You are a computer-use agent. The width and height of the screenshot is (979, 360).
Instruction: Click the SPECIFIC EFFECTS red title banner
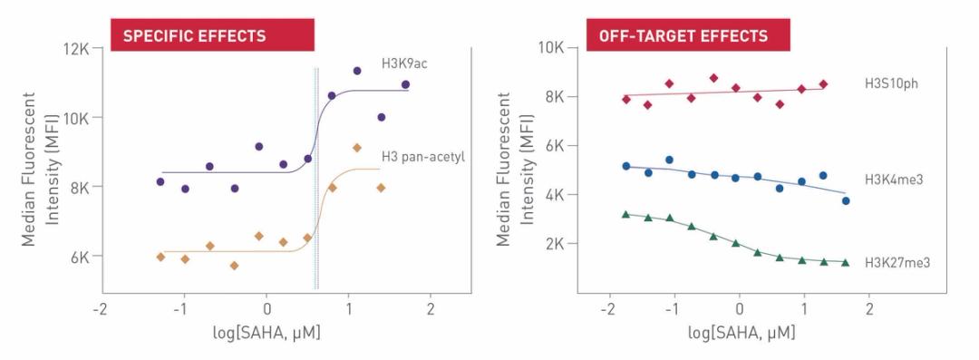pos(212,36)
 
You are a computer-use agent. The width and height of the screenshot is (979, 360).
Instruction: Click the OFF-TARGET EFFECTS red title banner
pos(689,36)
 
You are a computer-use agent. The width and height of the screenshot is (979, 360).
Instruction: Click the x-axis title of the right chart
pos(741,332)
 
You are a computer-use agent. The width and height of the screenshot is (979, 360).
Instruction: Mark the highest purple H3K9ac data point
pos(357,71)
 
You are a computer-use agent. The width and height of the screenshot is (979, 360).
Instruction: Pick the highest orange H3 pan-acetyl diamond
pos(357,148)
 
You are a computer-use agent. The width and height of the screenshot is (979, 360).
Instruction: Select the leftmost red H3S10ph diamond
pos(625,100)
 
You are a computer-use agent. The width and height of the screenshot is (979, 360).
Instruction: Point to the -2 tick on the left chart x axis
pos(102,308)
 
